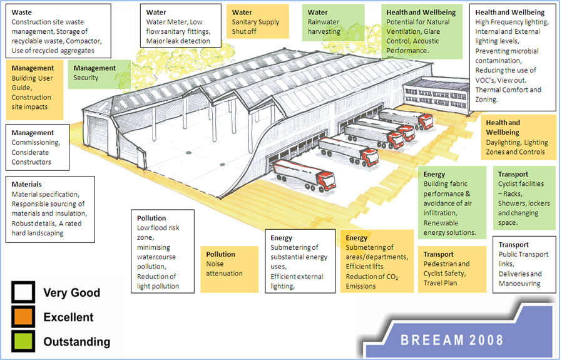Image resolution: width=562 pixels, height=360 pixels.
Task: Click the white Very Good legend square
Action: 23,292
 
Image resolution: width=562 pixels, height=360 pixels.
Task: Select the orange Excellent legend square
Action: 23,317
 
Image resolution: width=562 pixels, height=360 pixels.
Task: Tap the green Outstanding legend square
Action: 23,342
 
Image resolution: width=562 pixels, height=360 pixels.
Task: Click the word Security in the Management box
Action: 86,78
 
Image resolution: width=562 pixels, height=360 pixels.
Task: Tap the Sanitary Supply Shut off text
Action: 255,27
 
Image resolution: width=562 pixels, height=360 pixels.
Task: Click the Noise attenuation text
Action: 224,269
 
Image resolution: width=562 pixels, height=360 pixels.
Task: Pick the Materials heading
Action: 27,184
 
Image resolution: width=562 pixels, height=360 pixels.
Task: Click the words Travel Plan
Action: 440,283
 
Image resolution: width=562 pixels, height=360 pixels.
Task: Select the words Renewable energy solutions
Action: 450,228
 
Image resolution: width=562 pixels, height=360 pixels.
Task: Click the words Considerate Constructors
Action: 36,157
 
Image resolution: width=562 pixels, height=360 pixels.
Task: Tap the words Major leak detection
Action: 177,41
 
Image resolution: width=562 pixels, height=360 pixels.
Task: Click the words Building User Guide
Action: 33,83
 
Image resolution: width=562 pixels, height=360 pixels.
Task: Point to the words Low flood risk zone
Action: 158,233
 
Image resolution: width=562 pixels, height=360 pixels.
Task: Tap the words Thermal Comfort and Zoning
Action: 508,95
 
